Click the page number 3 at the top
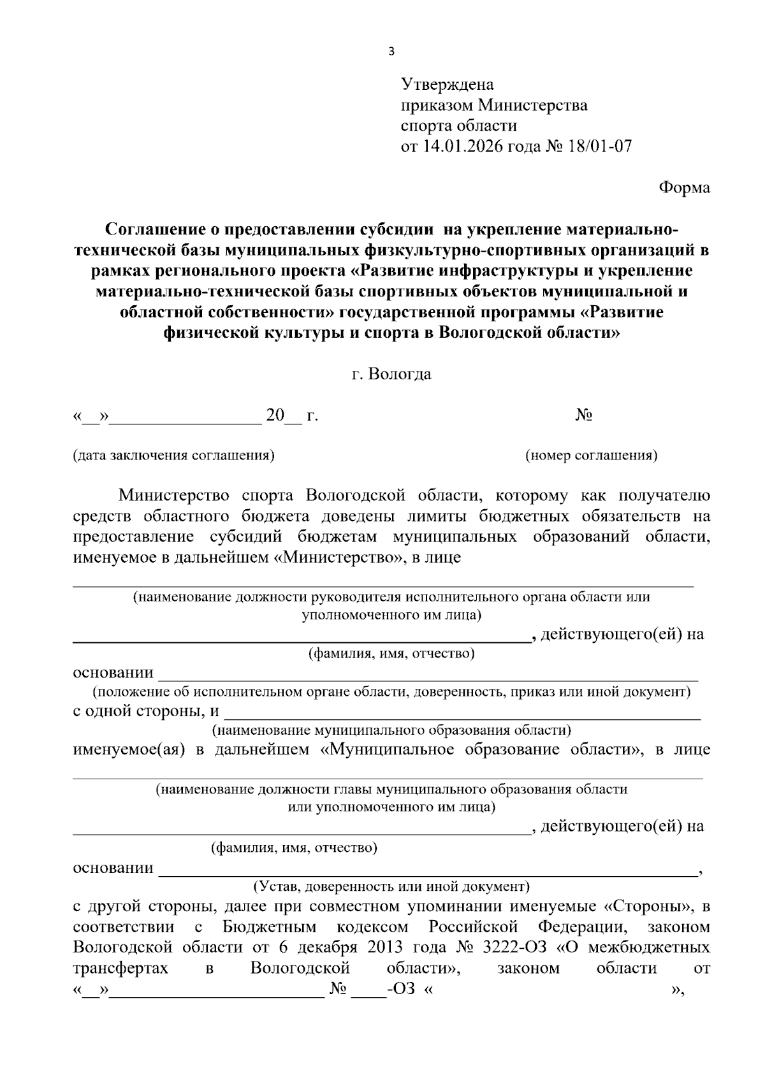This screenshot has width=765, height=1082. pos(391,52)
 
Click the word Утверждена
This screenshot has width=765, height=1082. pos(447,85)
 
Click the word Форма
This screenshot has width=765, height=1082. pos(684,188)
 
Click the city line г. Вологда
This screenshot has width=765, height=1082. pos(391,374)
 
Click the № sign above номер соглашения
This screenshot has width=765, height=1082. pos(584,415)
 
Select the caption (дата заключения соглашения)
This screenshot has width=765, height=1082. pos(174,456)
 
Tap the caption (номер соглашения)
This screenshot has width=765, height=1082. pos(591,456)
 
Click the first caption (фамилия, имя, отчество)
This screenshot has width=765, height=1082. pos(391,654)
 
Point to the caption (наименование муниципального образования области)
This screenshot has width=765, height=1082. pos(391,730)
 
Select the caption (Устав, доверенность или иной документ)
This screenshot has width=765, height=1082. pos(391,886)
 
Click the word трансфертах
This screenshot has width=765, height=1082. pos(120,969)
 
